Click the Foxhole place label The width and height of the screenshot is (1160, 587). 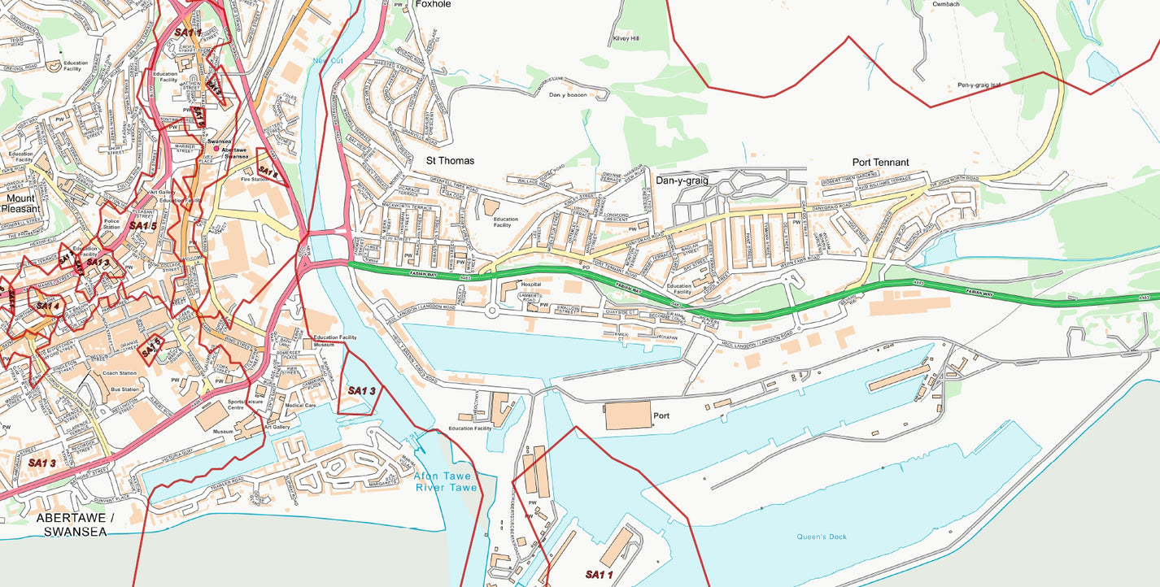click(433, 4)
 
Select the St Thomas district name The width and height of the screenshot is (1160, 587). click(450, 161)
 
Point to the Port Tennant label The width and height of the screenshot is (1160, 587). click(880, 163)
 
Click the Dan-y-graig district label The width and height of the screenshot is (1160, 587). click(682, 180)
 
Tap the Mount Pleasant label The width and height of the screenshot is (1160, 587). click(20, 203)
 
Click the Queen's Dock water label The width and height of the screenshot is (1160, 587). click(822, 537)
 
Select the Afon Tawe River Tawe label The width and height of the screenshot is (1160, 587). click(446, 482)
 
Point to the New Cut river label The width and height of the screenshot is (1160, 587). click(328, 61)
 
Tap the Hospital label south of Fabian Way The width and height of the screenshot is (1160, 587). click(530, 285)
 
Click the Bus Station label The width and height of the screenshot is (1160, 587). click(124, 390)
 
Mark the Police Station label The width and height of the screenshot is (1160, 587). click(111, 224)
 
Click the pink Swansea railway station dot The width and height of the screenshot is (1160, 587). click(216, 149)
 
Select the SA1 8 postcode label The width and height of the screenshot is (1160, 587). click(268, 172)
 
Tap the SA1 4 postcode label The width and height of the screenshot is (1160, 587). click(47, 307)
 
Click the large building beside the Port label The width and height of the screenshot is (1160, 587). click(627, 415)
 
